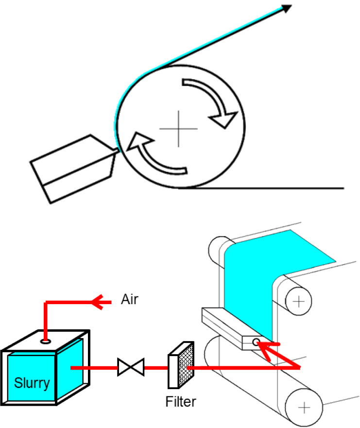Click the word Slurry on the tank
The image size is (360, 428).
point(32,383)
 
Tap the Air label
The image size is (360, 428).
point(130,299)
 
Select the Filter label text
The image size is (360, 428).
point(181,401)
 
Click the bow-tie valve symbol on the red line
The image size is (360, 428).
point(131,367)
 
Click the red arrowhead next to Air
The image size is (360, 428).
point(98,302)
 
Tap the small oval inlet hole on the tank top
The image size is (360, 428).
point(46,341)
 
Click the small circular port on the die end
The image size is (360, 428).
point(256,342)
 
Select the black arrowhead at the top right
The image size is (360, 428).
point(286,8)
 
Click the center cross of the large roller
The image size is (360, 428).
point(178,129)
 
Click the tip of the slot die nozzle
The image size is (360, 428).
point(118,151)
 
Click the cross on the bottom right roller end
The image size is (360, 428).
point(304,408)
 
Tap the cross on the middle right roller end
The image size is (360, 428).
point(298,301)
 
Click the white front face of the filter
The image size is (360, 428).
point(173,371)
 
